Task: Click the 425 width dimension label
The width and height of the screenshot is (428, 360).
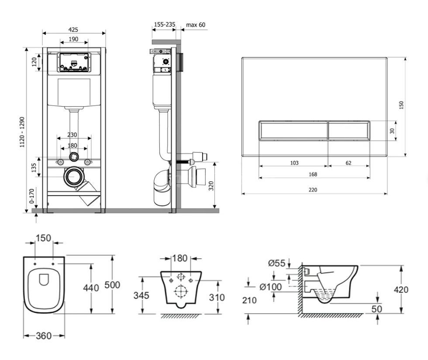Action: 73,30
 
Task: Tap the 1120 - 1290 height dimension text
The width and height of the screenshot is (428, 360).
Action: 22,132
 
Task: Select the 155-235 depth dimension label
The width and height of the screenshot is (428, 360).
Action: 165,24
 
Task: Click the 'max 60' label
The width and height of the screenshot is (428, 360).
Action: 196,25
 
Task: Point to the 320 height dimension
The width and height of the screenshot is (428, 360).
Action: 211,186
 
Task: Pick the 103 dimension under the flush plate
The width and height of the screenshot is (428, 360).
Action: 294,163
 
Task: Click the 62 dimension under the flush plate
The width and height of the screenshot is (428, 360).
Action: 349,163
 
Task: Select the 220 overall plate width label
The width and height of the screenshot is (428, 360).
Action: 313,190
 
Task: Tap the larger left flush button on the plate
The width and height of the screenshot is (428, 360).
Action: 293,130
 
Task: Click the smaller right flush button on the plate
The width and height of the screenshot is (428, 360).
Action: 349,130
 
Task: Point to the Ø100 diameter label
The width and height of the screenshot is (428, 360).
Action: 270,287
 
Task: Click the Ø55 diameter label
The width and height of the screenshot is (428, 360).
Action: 276,263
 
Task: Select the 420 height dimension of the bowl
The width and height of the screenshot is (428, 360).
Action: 401,290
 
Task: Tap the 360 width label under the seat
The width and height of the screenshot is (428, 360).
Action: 44,336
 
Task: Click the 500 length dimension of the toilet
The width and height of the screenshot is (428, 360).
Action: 112,285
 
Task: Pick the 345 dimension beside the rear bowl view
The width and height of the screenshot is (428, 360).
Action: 142,295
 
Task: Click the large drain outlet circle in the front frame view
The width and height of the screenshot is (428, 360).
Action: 73,177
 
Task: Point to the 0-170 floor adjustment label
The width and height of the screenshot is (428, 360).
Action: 32,196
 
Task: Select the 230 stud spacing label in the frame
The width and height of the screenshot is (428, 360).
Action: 72,135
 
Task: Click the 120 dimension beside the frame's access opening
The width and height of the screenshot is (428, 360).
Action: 34,62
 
